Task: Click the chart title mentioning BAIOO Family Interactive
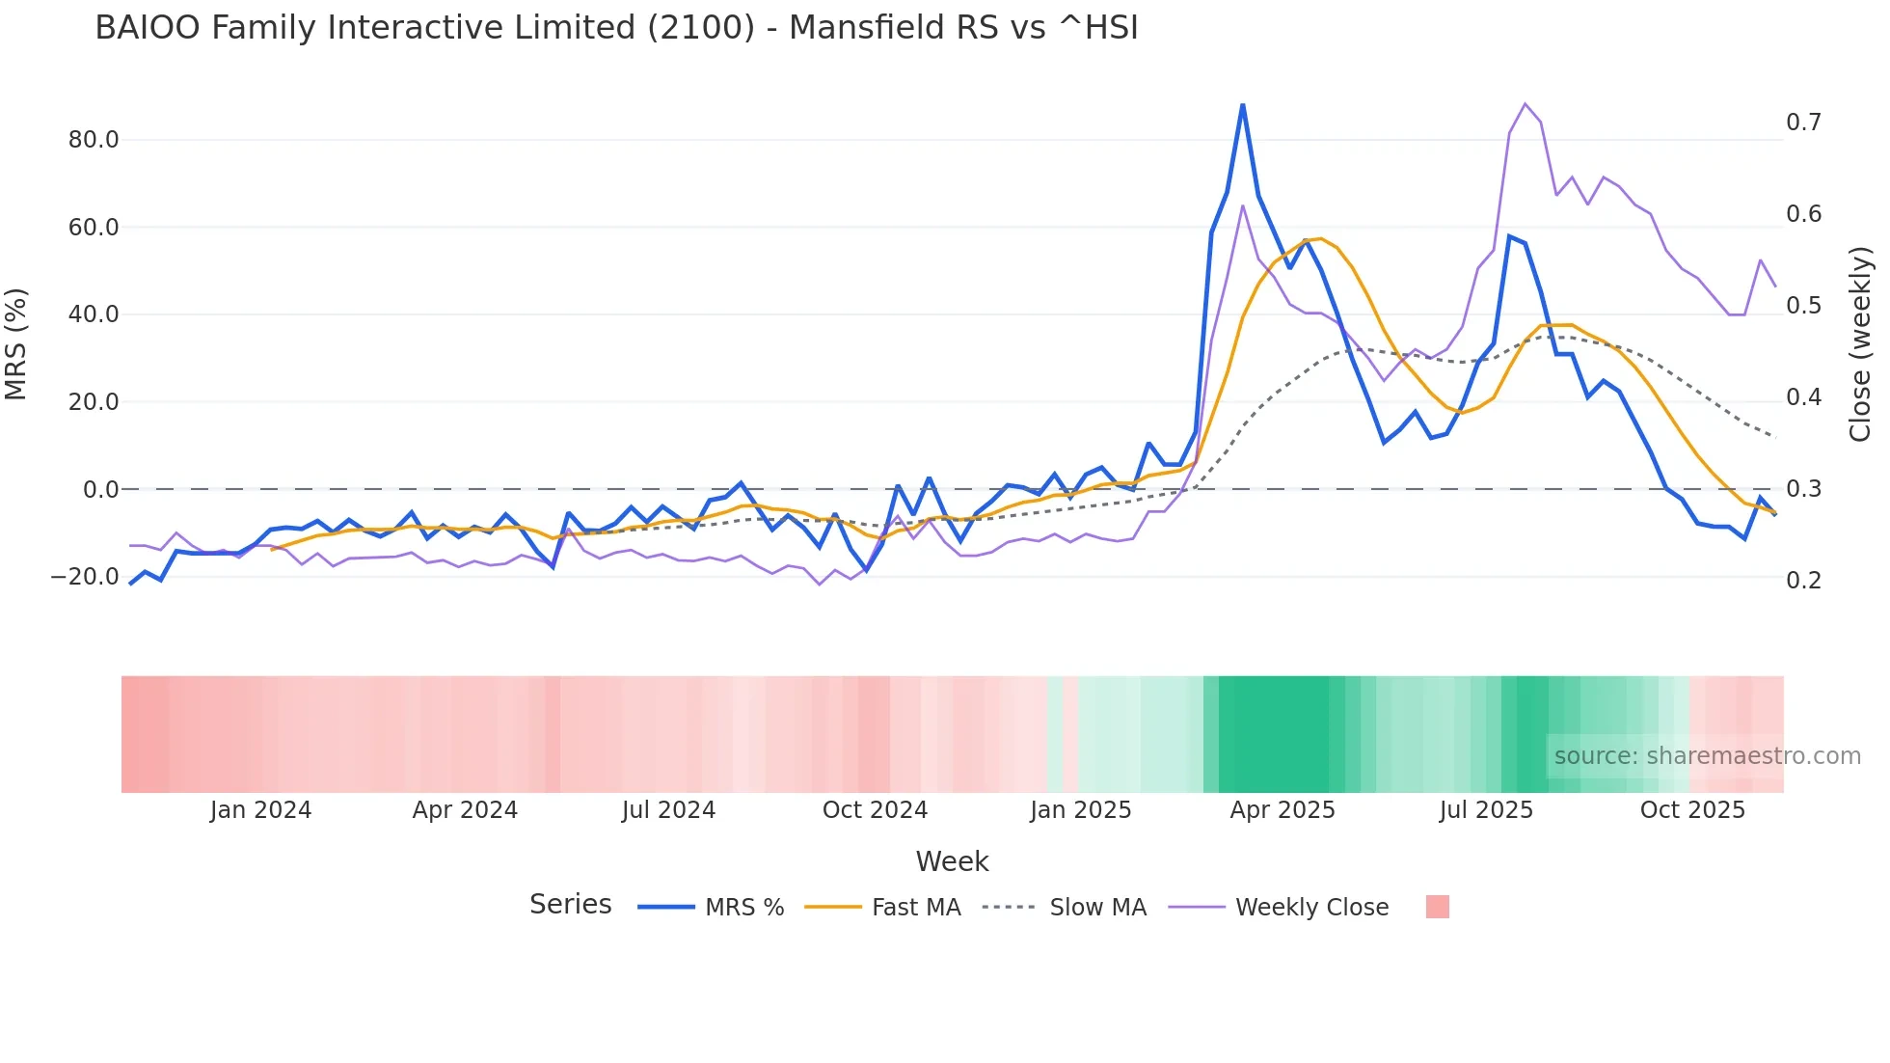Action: [616, 28]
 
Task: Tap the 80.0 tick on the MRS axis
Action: [94, 140]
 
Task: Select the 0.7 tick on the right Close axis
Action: [1803, 123]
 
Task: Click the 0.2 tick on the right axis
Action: [1803, 581]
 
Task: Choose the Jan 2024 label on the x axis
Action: [260, 810]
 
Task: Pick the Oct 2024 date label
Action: [875, 810]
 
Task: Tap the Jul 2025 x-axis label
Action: [1486, 810]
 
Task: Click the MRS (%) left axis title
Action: [16, 344]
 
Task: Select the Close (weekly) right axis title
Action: [1860, 344]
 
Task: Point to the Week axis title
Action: [952, 861]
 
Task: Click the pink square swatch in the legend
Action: [1437, 907]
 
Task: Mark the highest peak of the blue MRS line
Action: [1242, 104]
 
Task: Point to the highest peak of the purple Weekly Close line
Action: [1525, 104]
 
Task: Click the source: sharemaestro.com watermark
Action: [1707, 756]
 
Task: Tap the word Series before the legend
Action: [570, 905]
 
